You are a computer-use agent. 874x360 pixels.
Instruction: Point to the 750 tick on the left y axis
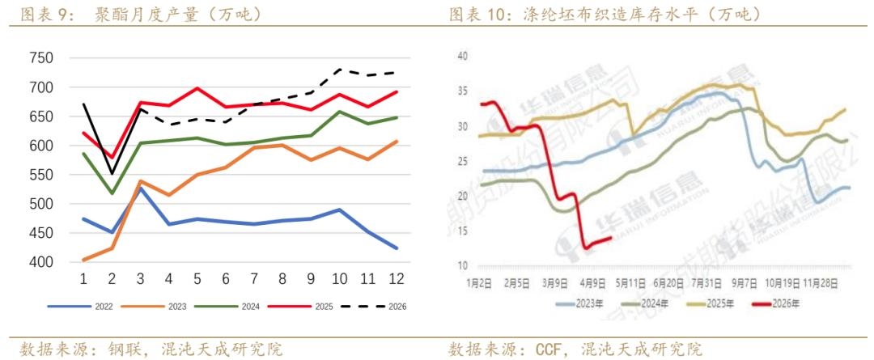click(40, 58)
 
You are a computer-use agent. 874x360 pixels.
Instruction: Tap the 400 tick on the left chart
click(40, 262)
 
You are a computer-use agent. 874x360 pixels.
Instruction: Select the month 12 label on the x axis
click(397, 279)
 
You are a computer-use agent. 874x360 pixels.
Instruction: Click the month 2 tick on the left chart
click(112, 279)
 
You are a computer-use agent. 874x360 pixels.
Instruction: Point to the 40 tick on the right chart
click(463, 56)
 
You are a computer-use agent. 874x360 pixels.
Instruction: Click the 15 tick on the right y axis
click(463, 231)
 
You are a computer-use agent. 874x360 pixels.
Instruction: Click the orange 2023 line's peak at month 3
click(140, 181)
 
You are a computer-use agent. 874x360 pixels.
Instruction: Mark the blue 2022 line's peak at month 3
click(140, 188)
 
